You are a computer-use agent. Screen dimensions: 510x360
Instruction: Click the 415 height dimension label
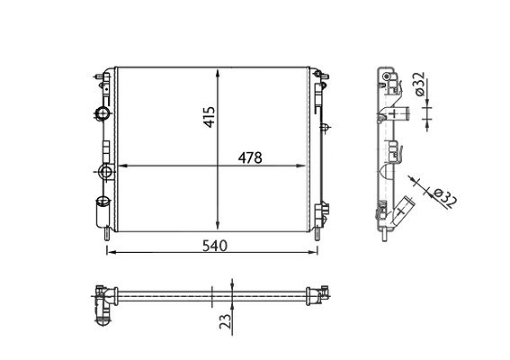[x=210, y=117]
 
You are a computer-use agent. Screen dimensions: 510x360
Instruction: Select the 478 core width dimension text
[x=250, y=158]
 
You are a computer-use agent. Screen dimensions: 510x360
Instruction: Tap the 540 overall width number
[x=215, y=246]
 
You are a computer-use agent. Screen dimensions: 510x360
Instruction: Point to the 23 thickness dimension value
[x=226, y=321]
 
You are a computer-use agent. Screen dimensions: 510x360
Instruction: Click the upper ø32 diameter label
[x=419, y=84]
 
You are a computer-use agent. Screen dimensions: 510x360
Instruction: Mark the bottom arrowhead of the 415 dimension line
[x=218, y=227]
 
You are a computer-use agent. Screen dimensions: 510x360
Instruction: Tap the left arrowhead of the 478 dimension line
[x=122, y=166]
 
